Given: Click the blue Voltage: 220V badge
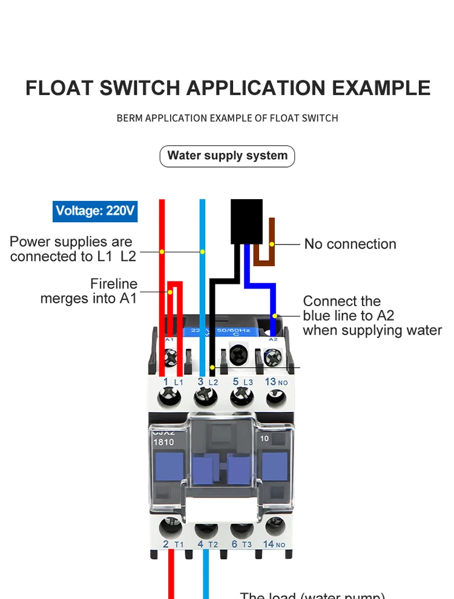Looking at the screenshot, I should click(x=95, y=211).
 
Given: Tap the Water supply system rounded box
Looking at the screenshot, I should click(x=227, y=155).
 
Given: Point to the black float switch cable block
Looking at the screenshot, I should click(x=246, y=221).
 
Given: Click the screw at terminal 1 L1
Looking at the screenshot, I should click(x=169, y=398).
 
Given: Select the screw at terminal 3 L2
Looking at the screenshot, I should click(x=205, y=398).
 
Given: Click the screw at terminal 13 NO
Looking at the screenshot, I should click(x=276, y=398).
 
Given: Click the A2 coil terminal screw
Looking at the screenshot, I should click(x=274, y=358).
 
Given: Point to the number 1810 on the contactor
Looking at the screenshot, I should click(x=163, y=442).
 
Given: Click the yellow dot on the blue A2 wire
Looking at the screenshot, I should click(x=275, y=316).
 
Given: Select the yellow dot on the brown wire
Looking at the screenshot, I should click(x=272, y=244).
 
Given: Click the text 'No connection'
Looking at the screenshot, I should click(x=350, y=244).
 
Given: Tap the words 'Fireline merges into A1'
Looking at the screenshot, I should click(x=89, y=291).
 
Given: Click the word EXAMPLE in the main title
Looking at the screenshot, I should click(x=381, y=88).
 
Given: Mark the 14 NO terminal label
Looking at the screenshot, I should click(x=274, y=545).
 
